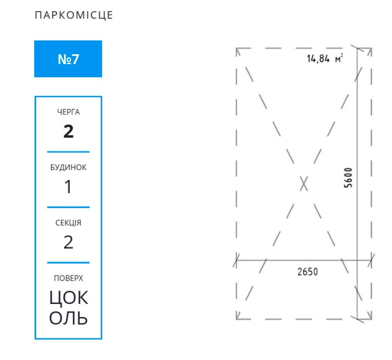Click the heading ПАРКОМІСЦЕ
74,15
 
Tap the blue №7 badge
68,59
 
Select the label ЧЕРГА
68,112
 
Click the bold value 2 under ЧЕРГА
68,131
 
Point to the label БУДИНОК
68,167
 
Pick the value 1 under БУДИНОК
68,187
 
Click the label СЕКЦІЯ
68,223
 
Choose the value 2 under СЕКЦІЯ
68,242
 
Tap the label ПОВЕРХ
68,278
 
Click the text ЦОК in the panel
69,298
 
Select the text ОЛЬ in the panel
68,318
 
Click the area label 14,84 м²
325,58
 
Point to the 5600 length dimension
348,178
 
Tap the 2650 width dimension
307,272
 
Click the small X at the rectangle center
304,184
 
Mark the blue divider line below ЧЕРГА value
68,152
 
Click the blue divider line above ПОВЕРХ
68,263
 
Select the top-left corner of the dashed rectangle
237,49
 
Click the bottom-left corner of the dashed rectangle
237,319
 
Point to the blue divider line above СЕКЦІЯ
68,207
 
